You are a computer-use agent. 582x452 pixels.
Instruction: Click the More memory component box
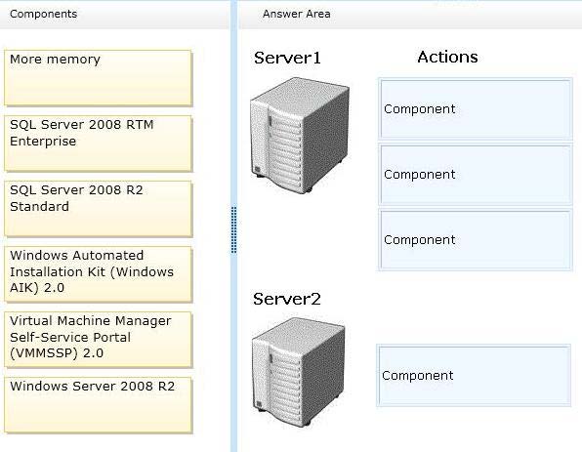pos(99,78)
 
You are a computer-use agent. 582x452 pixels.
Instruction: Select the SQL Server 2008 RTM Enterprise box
pos(99,144)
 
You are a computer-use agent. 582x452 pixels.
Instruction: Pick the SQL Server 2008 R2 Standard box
pos(99,209)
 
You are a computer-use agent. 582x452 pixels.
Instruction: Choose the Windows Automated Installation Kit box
pos(99,274)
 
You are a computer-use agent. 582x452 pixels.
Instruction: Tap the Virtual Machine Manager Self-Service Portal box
pos(99,339)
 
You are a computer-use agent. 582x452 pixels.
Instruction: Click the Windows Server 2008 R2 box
pos(99,405)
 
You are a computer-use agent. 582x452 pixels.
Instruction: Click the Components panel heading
pos(43,14)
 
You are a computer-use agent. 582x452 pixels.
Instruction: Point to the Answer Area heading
pos(296,14)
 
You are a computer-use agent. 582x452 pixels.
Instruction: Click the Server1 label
pos(287,58)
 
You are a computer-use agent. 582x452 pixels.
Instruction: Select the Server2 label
pos(287,299)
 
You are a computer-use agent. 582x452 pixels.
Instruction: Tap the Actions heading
pos(447,57)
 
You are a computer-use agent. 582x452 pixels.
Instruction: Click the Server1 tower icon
pos(300,135)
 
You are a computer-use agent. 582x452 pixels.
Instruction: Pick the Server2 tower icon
pos(299,372)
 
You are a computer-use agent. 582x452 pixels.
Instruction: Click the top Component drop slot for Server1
pos(476,108)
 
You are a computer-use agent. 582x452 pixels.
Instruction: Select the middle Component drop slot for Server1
pos(476,175)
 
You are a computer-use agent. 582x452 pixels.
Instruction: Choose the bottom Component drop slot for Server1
pos(476,240)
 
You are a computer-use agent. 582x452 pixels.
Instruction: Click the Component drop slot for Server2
pos(474,375)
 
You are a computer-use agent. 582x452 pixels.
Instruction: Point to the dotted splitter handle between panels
pos(233,230)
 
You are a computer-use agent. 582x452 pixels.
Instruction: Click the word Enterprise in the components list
pos(43,142)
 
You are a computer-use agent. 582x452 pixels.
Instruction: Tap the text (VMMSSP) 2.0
pos(57,353)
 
